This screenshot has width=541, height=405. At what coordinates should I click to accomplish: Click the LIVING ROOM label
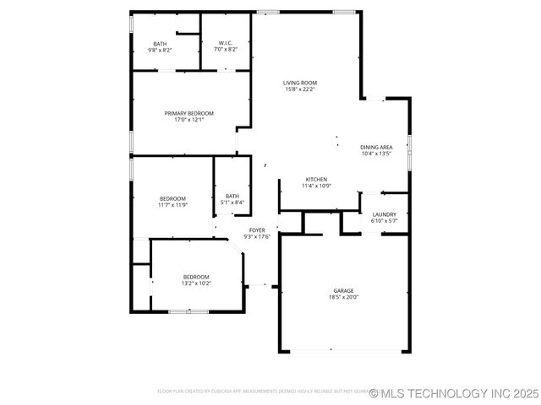click(x=300, y=83)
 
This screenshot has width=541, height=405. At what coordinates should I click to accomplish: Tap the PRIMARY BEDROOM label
click(x=189, y=113)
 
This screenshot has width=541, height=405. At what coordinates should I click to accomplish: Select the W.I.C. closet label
click(x=226, y=43)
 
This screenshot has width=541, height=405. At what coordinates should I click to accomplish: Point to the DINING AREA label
click(x=376, y=148)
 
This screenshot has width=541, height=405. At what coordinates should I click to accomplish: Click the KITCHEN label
click(x=316, y=180)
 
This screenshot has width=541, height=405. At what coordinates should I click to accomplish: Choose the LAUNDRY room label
click(x=384, y=214)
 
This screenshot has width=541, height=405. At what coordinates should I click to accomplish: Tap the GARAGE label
click(x=343, y=290)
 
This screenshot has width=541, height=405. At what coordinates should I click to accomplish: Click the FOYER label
click(x=257, y=230)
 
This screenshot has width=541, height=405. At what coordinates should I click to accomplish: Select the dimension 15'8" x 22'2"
click(x=300, y=89)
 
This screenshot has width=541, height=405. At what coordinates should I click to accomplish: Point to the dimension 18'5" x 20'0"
click(x=343, y=297)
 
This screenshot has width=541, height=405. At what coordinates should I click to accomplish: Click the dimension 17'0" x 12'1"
click(x=189, y=120)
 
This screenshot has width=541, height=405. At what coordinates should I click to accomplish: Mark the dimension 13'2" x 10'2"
click(x=196, y=283)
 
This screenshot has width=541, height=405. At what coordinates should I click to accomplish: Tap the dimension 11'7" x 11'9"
click(x=172, y=205)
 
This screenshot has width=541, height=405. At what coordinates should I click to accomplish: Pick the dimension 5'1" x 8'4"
click(x=232, y=202)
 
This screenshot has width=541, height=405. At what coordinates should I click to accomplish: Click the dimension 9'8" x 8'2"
click(x=160, y=50)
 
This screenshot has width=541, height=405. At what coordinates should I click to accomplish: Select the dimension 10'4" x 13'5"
click(x=376, y=154)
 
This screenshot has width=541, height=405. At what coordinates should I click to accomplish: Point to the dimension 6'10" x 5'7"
click(x=384, y=221)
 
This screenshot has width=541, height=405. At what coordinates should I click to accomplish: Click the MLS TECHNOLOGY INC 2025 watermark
click(x=453, y=393)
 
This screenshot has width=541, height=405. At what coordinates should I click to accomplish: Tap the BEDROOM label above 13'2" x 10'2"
click(x=196, y=277)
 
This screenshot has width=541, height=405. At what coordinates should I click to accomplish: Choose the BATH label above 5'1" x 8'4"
click(x=232, y=196)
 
